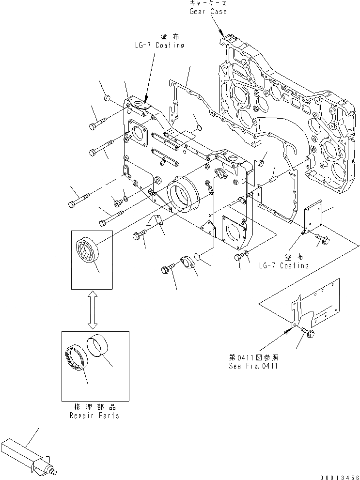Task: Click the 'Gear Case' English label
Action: point(208,11)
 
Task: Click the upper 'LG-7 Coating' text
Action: point(159,45)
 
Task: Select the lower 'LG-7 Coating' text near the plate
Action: point(283,265)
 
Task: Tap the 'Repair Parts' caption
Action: point(95,416)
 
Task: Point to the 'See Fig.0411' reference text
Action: point(253,366)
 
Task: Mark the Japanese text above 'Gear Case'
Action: point(208,3)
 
